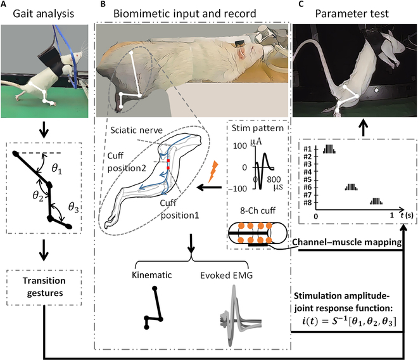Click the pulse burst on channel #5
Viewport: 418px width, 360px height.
(x=350, y=188)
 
